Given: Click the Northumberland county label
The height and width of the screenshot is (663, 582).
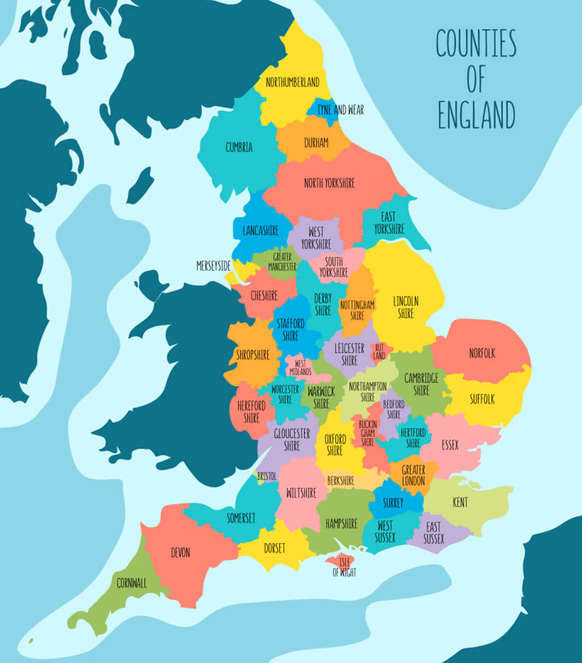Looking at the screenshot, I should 292,82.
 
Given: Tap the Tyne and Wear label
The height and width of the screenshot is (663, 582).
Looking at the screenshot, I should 340,110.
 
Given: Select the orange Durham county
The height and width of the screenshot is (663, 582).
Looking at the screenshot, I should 316,143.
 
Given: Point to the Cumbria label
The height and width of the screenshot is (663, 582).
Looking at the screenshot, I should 239,147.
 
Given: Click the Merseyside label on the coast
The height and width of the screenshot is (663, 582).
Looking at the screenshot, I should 213,266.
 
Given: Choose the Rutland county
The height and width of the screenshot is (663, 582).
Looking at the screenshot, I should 379,351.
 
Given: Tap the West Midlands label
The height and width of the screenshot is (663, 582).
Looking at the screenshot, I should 300,368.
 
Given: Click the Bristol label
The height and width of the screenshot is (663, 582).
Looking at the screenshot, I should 267,476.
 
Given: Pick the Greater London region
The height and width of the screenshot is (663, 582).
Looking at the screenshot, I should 413,476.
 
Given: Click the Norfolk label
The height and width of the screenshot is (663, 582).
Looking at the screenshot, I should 482,353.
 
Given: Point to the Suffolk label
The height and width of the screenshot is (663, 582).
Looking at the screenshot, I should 482,399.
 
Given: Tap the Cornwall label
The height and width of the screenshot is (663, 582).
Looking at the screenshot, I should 132,583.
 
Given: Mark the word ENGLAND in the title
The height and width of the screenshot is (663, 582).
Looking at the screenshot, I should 476,115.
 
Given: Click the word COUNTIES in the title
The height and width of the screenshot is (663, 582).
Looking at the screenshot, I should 476,44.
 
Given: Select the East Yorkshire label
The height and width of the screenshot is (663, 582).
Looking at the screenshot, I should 389,223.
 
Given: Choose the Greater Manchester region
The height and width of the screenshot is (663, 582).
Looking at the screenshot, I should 282,262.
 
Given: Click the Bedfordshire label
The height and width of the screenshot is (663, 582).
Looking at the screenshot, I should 394,409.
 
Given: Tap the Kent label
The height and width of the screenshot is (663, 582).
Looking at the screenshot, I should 460,502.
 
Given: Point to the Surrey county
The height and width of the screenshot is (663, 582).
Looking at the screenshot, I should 393,503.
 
